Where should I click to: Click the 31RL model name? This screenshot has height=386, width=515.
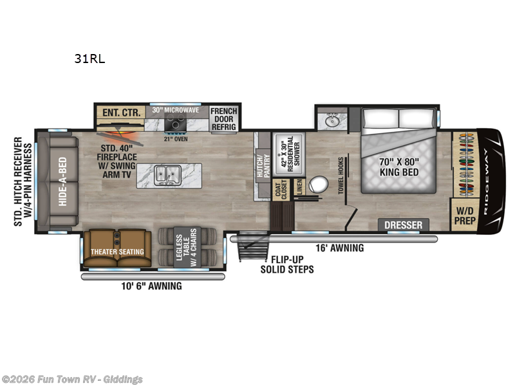click(x=89, y=59)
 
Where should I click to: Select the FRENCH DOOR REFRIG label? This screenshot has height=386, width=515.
click(x=224, y=119)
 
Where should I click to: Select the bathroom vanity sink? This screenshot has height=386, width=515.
click(x=332, y=120)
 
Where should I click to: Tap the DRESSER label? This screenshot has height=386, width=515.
click(x=404, y=225)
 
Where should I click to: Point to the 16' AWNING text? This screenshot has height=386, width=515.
click(x=340, y=248)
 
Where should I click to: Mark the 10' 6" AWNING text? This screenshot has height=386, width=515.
click(x=152, y=286)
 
